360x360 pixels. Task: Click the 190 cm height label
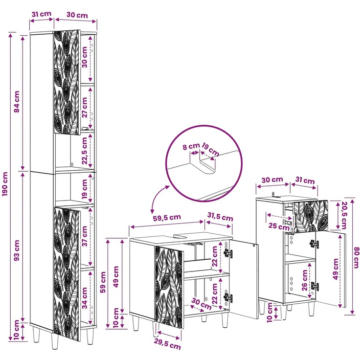[x=5, y=184]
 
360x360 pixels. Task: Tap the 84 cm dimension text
[x=17, y=102]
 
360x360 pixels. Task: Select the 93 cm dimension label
[x=17, y=250]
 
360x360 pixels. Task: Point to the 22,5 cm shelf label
[x=85, y=151]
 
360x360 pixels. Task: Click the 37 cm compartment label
[x=85, y=236]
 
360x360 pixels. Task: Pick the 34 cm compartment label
[x=85, y=298]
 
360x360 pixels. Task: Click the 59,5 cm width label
[x=167, y=217]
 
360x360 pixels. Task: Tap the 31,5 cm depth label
[x=220, y=217]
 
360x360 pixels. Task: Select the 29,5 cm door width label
[x=167, y=345]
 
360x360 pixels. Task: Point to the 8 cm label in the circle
[x=191, y=146]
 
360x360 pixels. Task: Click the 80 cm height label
[x=356, y=257]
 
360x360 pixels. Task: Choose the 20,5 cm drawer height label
[x=344, y=215]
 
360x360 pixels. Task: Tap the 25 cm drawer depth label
[x=279, y=226]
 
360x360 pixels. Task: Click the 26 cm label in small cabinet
[x=305, y=280]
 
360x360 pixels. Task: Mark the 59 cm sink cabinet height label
[x=103, y=282]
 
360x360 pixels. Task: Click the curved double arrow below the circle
[x=157, y=198]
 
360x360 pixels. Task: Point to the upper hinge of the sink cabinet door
[x=228, y=253]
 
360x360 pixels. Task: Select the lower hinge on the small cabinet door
[x=315, y=286]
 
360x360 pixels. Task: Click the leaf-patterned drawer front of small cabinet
[x=311, y=216]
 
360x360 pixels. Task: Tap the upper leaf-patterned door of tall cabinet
[x=67, y=82]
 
